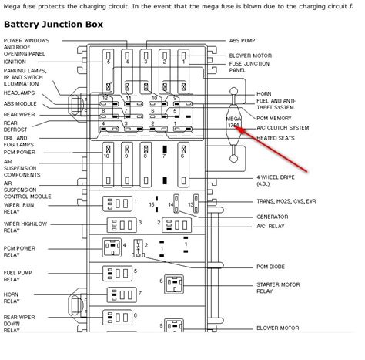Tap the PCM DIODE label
coord(274,266)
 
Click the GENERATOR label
coord(273,217)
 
